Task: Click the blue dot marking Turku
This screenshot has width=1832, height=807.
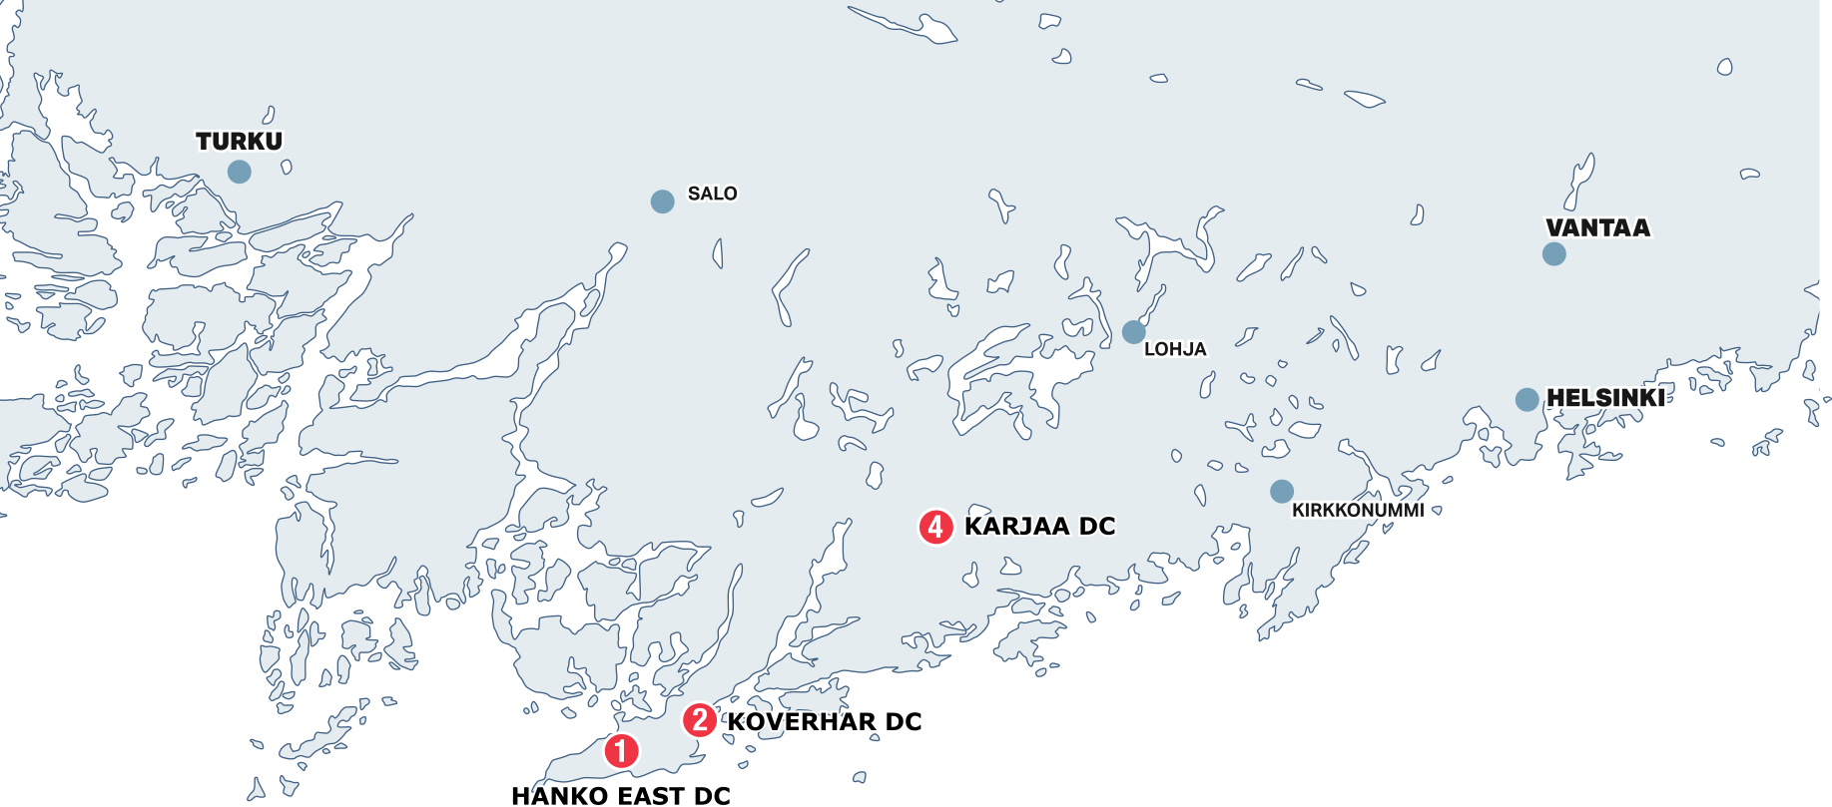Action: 240,172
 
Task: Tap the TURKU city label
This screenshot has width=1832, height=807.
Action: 240,142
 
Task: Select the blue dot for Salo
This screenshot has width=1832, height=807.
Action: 662,202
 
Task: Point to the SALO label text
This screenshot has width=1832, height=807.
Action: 712,194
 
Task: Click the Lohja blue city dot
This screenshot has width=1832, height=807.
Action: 1133,331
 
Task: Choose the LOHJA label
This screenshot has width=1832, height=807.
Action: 1175,349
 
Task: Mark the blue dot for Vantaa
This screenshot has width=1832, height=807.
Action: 1553,254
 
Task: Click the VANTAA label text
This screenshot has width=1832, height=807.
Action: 1597,228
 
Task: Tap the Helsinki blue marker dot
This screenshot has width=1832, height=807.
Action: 1527,400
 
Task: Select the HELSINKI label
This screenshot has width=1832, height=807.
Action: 1604,398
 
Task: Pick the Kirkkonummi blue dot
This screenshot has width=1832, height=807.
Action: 1282,491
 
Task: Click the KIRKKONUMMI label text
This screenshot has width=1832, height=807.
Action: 1358,511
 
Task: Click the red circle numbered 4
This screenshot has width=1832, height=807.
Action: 935,527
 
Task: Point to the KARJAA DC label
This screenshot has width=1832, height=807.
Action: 1039,527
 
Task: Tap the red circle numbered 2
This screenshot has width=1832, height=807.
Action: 699,719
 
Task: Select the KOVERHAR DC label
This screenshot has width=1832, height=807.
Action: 824,722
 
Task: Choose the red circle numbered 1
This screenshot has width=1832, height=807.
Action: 621,751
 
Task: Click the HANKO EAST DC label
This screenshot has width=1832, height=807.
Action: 621,795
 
